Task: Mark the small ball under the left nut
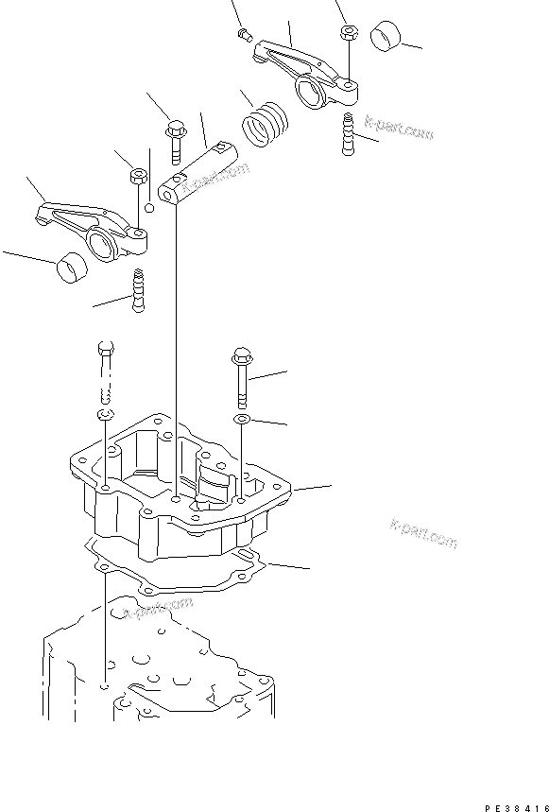148,207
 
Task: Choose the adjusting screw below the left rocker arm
140,290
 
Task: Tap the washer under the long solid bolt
242,418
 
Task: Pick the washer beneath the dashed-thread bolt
105,417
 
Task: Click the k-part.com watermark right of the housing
422,533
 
